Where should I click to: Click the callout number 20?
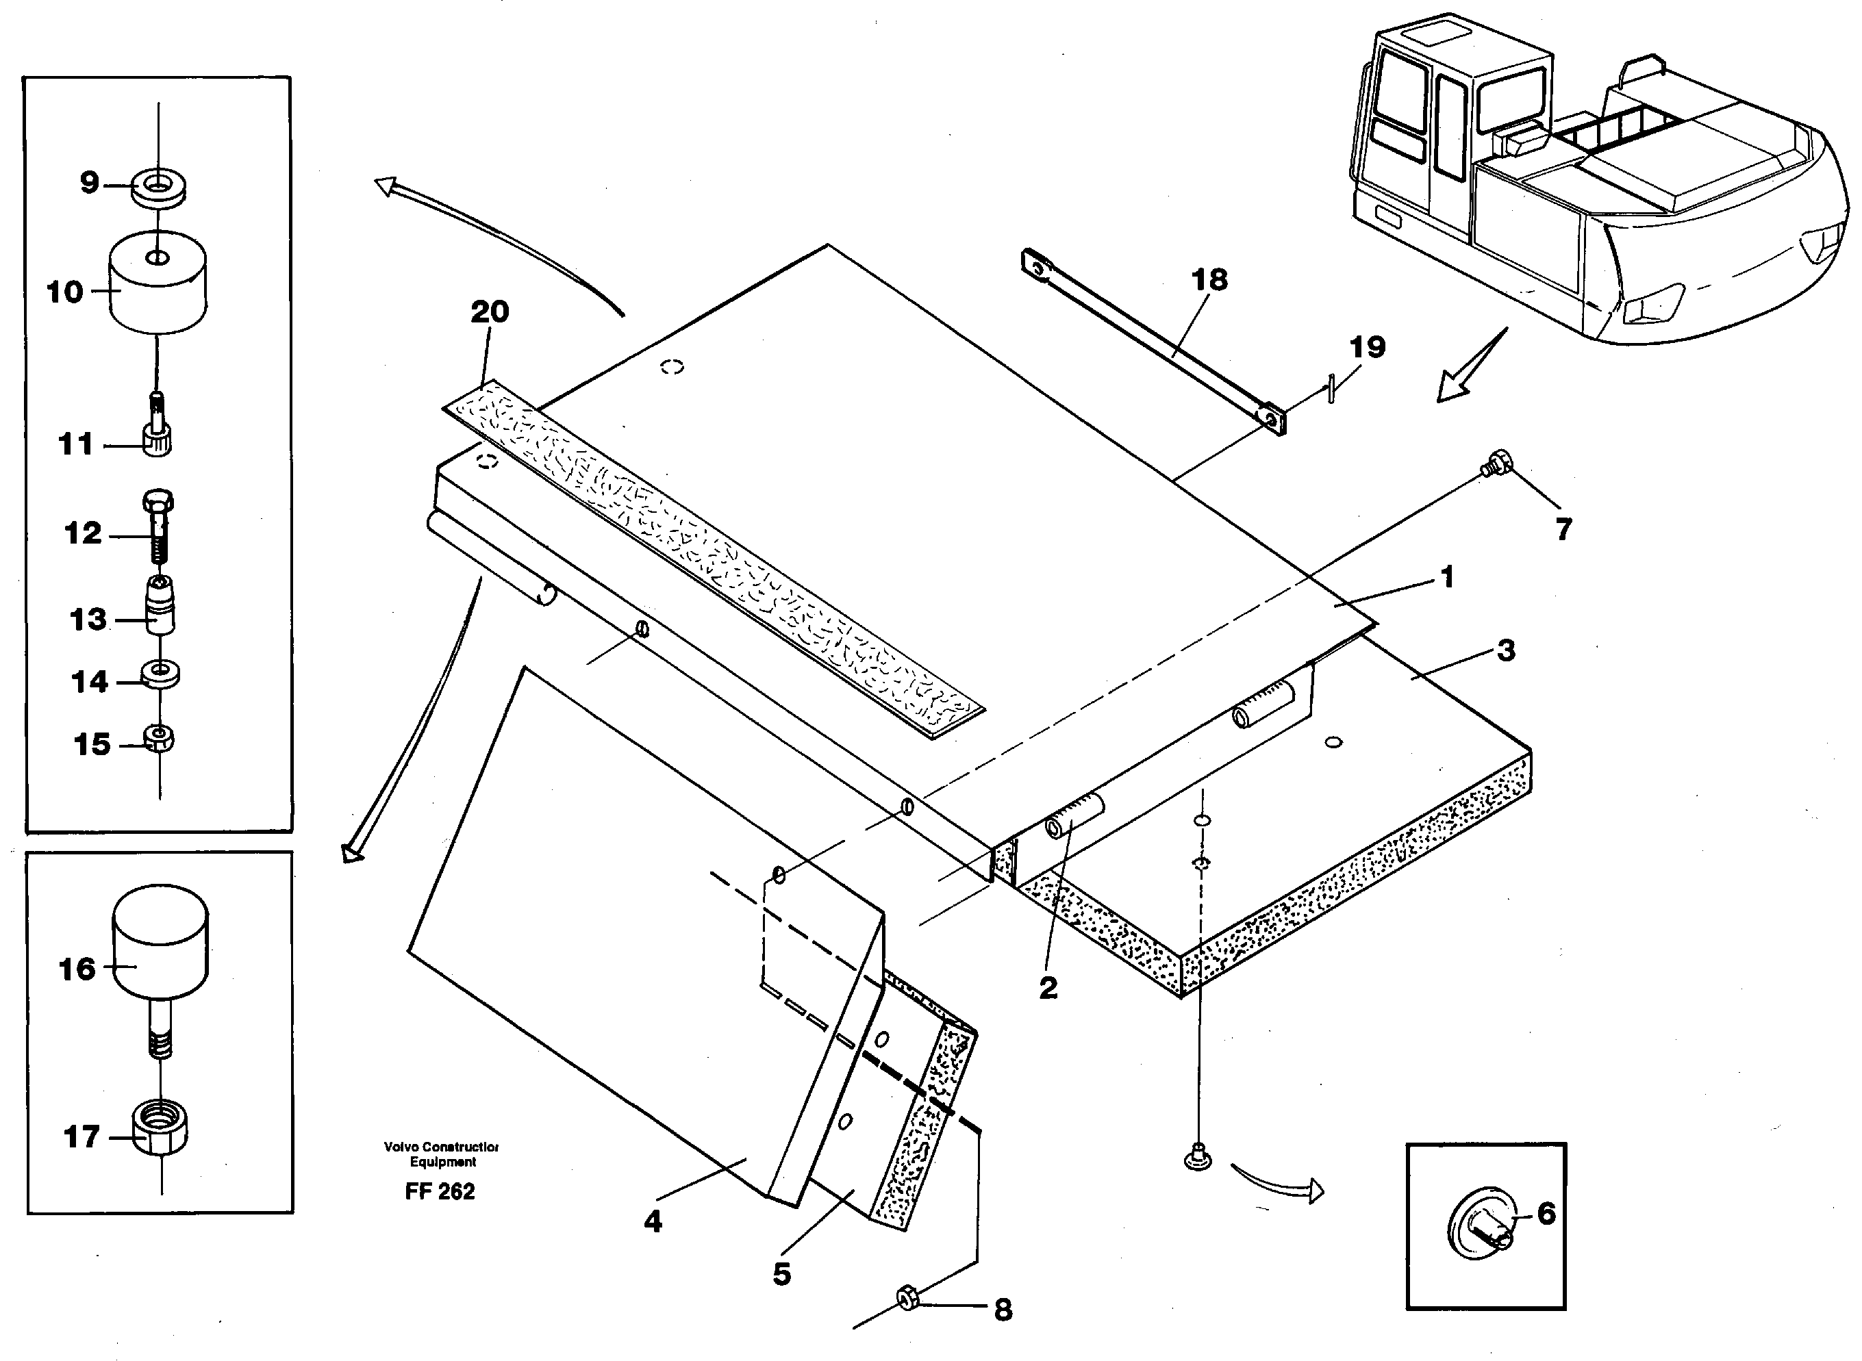click(x=490, y=312)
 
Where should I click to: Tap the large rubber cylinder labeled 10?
click(x=158, y=284)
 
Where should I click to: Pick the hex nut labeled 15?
click(x=158, y=737)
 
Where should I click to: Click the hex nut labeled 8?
click(x=907, y=1299)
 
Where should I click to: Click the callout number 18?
click(x=1209, y=280)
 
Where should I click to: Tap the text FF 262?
click(x=440, y=1191)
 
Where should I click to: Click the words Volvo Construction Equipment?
click(x=442, y=1154)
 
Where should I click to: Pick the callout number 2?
click(x=1048, y=987)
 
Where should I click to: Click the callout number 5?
click(x=781, y=1273)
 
